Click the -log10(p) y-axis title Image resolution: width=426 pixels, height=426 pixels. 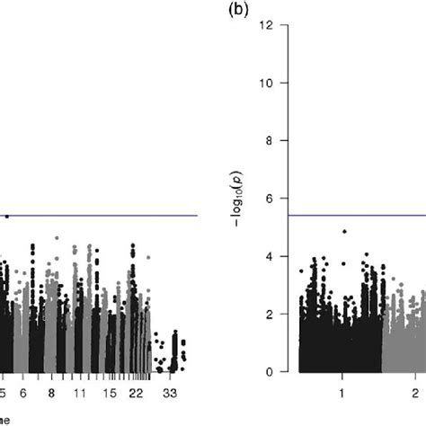245,197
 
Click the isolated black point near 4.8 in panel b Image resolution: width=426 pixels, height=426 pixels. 344,232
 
